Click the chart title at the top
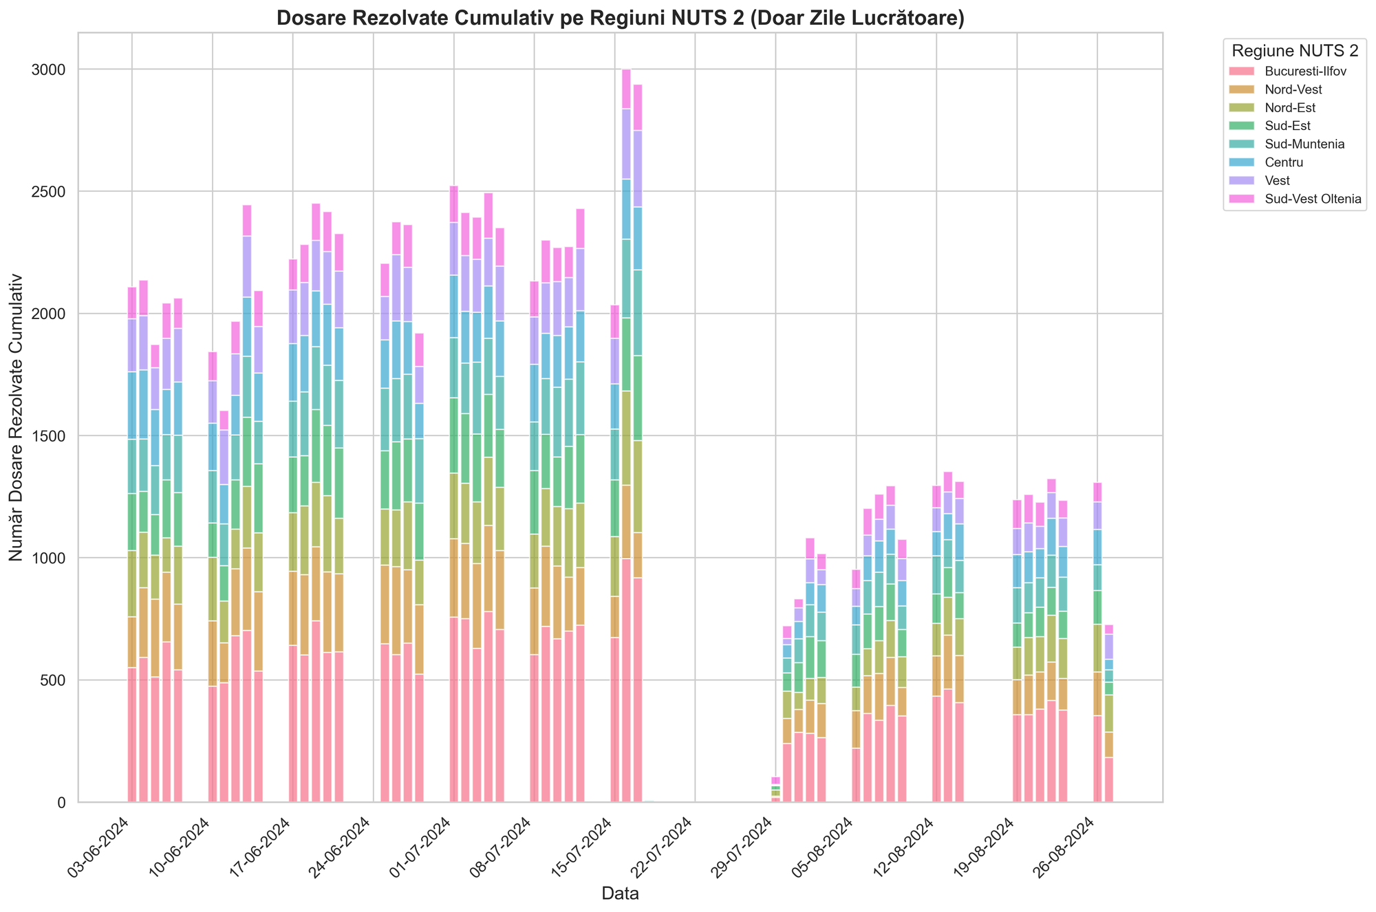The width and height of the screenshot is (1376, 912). pos(620,19)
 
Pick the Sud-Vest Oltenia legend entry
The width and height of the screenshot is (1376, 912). pos(1297,199)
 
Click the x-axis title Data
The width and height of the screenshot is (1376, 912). pos(620,893)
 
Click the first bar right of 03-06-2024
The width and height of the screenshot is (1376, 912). pos(132,550)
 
